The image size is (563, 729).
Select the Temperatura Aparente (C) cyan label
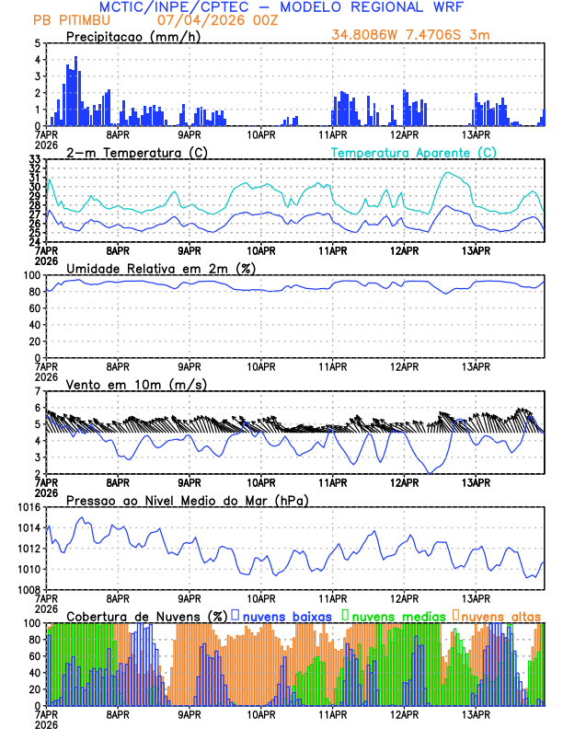[413, 152]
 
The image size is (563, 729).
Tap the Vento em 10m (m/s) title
[136, 384]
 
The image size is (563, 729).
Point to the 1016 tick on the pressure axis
[29, 508]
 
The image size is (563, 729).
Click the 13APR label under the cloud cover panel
[476, 714]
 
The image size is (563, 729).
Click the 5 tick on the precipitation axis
[38, 43]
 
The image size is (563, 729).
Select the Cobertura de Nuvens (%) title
[146, 616]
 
